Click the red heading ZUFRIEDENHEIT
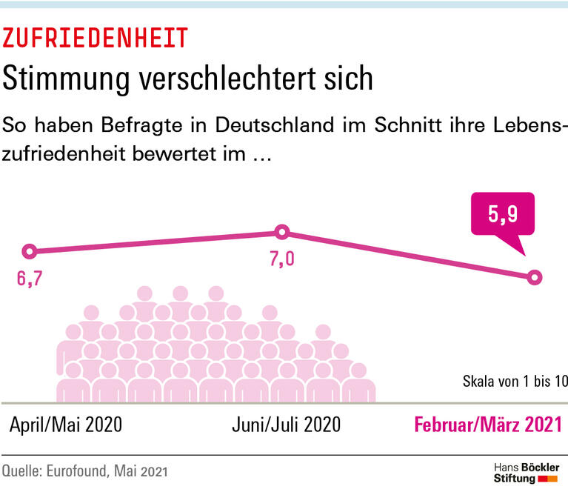(96, 36)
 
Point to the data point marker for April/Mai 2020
(30, 251)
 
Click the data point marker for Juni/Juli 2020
(281, 232)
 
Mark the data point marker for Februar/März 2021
(534, 277)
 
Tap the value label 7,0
(282, 260)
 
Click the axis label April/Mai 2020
(67, 425)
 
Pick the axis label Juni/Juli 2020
(286, 425)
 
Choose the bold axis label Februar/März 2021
(487, 425)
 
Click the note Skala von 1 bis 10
(514, 382)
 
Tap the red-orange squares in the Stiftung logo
(548, 479)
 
